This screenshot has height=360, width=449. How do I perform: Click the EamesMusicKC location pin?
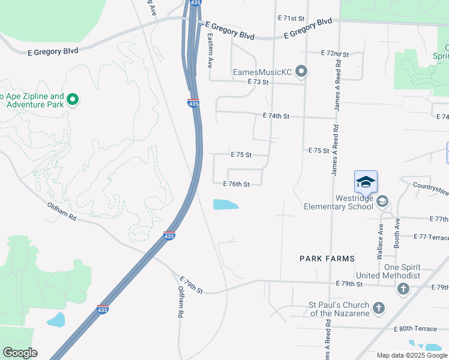(x=301, y=72)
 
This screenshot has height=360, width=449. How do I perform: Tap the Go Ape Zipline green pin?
(x=73, y=100)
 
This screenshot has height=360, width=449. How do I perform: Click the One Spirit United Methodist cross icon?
(x=403, y=289)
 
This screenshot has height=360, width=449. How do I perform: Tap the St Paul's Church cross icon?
(x=378, y=308)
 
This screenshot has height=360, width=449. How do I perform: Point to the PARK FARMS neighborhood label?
(x=327, y=258)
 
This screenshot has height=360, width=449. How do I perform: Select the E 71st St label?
(x=292, y=19)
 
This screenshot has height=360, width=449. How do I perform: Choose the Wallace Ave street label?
(x=380, y=241)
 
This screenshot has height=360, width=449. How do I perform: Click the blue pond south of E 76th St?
(x=225, y=205)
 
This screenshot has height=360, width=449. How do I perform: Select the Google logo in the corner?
(x=20, y=353)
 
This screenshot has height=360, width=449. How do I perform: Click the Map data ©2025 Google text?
(x=411, y=355)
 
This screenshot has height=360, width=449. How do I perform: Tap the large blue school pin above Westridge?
(x=366, y=181)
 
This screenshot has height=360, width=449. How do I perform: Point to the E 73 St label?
(x=260, y=81)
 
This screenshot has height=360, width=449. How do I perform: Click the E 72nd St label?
(x=335, y=53)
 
